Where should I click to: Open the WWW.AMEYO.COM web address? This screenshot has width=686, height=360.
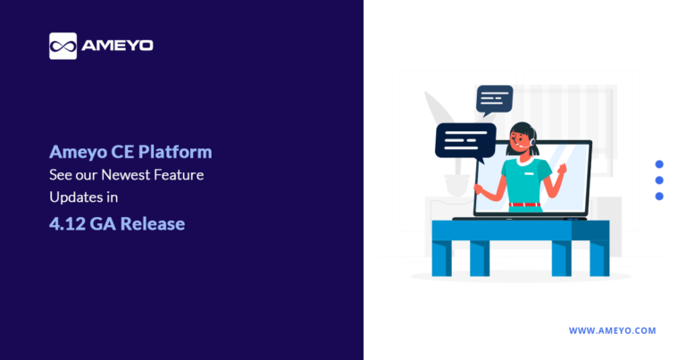(x=612, y=331)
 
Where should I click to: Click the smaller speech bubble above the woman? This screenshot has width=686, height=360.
(x=494, y=97)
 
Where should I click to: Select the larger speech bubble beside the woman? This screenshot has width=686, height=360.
(x=464, y=141)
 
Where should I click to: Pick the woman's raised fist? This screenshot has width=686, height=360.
(x=563, y=168)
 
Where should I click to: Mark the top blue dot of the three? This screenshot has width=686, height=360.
(x=659, y=164)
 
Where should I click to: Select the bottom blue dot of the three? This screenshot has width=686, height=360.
(x=659, y=196)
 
